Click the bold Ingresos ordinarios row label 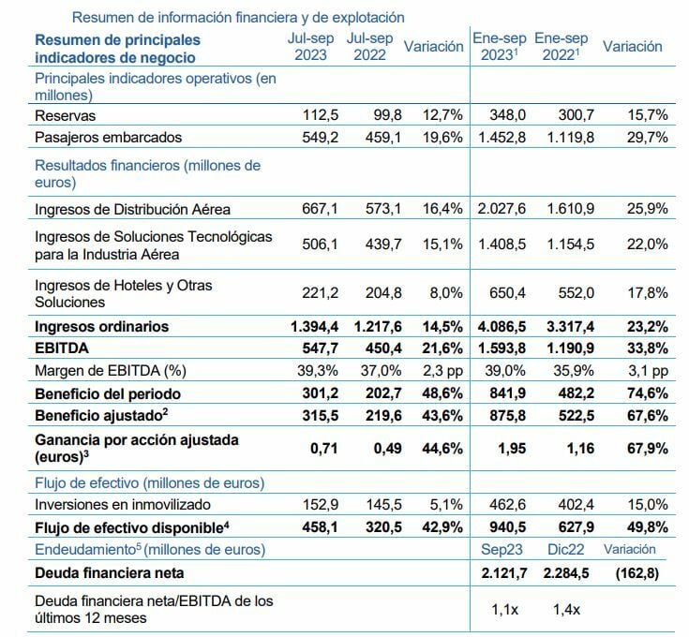point(101,327)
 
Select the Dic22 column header point(562,549)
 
